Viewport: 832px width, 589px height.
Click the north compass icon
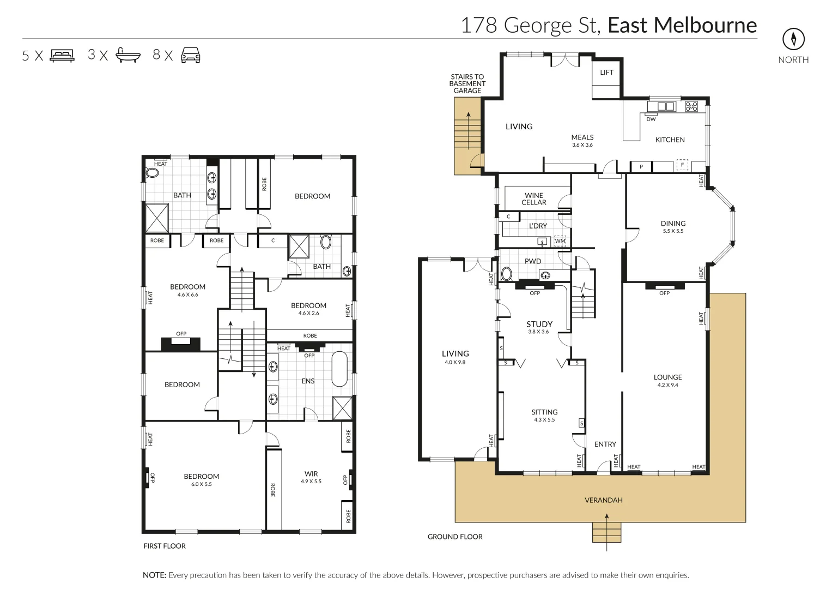tap(793, 39)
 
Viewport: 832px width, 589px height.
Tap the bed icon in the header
tap(62, 55)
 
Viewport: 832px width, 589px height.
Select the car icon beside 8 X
tap(190, 55)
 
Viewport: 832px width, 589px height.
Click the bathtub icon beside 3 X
tap(128, 55)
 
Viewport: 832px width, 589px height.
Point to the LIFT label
tap(606, 73)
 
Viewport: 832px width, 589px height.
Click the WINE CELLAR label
tap(533, 199)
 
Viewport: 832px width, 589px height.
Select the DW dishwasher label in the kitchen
tap(651, 119)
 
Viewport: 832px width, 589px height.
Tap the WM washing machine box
tap(560, 241)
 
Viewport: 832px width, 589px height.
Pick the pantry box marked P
tap(641, 167)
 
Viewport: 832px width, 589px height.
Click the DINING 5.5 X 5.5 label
tap(673, 226)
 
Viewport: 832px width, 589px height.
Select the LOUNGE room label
tap(667, 377)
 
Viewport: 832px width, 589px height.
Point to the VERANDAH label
tap(603, 500)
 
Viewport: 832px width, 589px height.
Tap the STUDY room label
tap(539, 324)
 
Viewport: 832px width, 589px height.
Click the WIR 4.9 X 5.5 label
tap(311, 477)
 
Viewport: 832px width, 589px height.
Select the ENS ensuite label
tap(308, 381)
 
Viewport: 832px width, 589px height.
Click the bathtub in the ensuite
tap(339, 369)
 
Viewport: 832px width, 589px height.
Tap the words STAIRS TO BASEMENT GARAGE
tap(467, 84)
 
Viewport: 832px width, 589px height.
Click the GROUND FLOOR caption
tap(455, 537)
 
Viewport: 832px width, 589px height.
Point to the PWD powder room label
tap(532, 261)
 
